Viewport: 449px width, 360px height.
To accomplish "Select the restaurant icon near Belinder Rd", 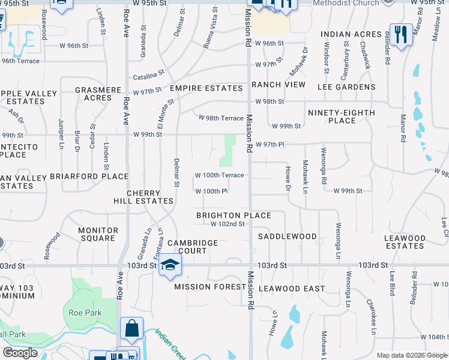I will (x=400, y=34).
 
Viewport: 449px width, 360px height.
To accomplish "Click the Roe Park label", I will (x=85, y=313).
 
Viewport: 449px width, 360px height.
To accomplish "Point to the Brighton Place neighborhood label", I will (x=234, y=215).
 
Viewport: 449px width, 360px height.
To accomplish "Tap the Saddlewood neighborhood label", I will (x=287, y=236).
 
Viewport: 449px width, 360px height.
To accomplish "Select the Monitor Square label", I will (x=98, y=234).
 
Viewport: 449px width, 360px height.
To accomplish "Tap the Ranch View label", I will (x=279, y=85).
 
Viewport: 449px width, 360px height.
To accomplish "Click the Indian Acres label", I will (x=351, y=34).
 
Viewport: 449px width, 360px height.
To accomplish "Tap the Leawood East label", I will (x=291, y=289).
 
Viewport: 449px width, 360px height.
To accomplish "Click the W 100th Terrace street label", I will (x=219, y=175).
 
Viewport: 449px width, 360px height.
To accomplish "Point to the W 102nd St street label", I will (x=228, y=224).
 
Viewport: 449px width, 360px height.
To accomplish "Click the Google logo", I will (x=20, y=353).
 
